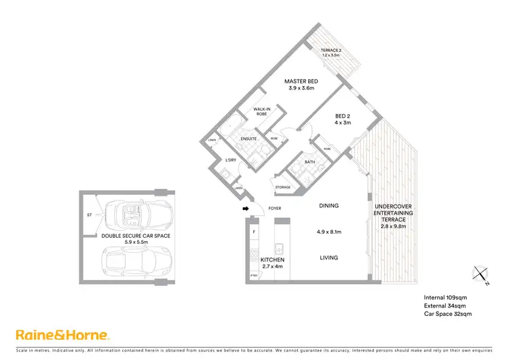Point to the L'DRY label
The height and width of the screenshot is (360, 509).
tap(229, 160)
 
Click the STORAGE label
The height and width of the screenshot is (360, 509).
tap(283, 187)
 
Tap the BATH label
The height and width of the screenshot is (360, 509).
tap(310, 162)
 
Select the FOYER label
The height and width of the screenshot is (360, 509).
tap(275, 209)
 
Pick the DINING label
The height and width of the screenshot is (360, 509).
tap(328, 206)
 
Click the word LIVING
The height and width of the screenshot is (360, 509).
tap(328, 257)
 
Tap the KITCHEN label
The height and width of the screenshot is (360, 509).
tap(272, 260)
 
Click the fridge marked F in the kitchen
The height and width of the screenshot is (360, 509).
tap(254, 232)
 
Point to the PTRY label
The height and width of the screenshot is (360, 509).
tap(254, 275)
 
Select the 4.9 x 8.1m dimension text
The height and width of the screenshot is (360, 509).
tap(328, 232)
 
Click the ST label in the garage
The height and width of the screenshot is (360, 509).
tap(89, 215)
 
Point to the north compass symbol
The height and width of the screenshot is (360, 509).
tap(480, 274)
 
